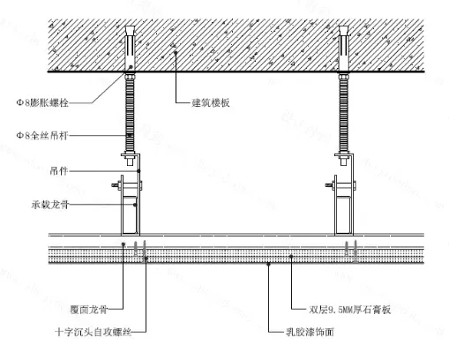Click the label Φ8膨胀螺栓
pos(42,102)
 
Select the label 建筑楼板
pos(211,102)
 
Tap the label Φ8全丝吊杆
pos(42,136)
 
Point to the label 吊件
pos(59,171)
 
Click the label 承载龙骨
pos(50,205)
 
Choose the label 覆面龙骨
pos(89,310)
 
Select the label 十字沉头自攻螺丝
pos(94,332)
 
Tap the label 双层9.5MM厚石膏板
pos(350,310)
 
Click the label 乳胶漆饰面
pos(311,332)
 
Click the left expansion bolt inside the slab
pos(130,49)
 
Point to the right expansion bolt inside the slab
pos(343,49)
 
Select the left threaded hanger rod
pos(130,113)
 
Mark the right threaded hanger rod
pos(343,113)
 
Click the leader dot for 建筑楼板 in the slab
pos(176,52)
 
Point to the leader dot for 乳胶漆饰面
pos(268,264)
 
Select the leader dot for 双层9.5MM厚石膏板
pos(291,257)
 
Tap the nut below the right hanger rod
pos(343,161)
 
